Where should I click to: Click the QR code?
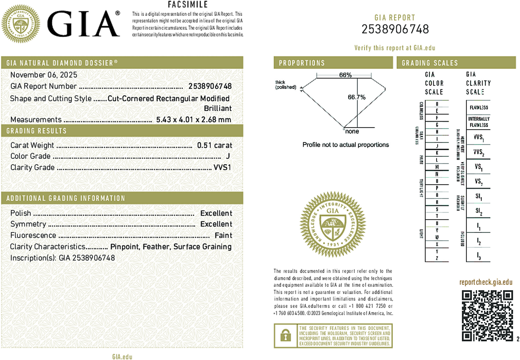pos(487,316)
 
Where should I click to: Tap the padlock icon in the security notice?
pos(285,336)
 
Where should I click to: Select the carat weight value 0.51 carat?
pos(214,145)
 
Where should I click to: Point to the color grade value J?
pos(228,156)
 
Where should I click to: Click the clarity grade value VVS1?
pos(222,167)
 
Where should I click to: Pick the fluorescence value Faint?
pos(223,235)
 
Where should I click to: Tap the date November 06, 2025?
pos(44,75)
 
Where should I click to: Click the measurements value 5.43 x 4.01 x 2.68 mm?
pos(193,119)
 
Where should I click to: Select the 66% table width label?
pos(345,75)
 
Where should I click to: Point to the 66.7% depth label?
pos(356,97)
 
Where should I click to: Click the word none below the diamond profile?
pos(352,131)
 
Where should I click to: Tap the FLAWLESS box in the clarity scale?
pos(479,107)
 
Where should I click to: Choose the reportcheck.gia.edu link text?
pos(486,282)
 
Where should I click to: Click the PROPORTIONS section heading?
pos(302,63)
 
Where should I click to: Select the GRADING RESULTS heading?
pos(36,131)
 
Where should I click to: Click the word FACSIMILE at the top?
pos(188,5)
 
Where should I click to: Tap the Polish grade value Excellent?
pos(216,213)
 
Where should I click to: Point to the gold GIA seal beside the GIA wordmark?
pos(20,23)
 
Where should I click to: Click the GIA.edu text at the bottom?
pos(122,357)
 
